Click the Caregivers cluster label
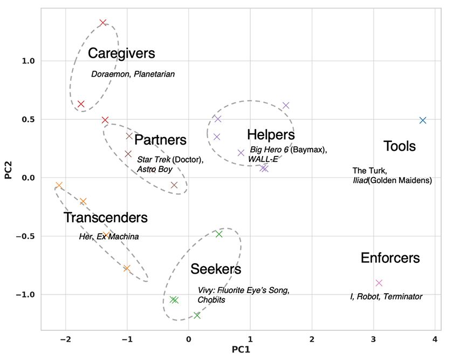click(x=121, y=53)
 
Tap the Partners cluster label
click(x=160, y=140)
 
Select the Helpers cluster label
click(x=271, y=135)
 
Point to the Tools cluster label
click(x=400, y=146)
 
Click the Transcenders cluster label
click(x=105, y=218)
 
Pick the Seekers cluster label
click(x=215, y=269)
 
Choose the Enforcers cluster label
click(x=390, y=258)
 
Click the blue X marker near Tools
click(x=423, y=120)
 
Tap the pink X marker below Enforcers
click(x=379, y=283)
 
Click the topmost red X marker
click(x=103, y=23)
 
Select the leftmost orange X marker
click(x=59, y=185)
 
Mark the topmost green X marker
click(x=219, y=234)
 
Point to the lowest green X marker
click(x=197, y=315)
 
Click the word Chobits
click(x=211, y=300)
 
